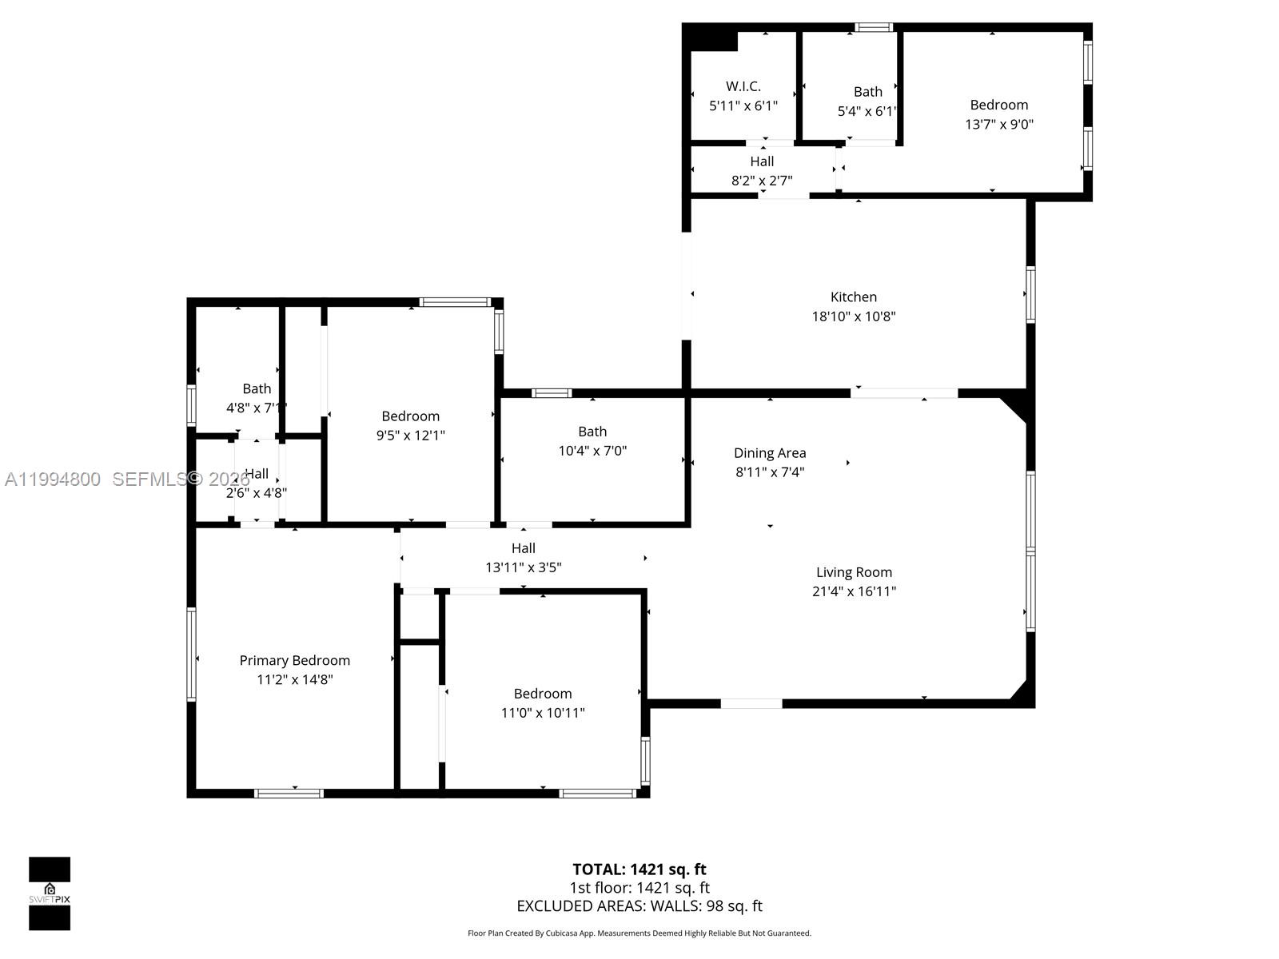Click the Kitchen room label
tap(853, 296)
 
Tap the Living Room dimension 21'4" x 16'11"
tap(854, 591)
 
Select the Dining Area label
tap(770, 453)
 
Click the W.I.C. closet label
tap(743, 86)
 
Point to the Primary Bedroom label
tap(294, 660)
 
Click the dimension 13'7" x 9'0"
tap(998, 124)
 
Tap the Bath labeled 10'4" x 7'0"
tap(592, 432)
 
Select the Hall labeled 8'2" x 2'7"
tap(761, 161)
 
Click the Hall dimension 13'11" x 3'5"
tap(523, 567)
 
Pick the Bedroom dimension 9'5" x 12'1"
tap(410, 436)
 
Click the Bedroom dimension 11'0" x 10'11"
tap(542, 713)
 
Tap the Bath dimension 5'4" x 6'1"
tap(867, 111)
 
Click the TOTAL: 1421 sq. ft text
tap(639, 869)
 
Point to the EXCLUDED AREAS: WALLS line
tap(639, 906)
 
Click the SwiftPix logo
tap(50, 893)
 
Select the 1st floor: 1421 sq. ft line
tap(639, 888)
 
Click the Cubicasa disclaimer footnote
tap(639, 933)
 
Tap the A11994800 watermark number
tap(53, 479)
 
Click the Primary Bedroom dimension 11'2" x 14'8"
tap(294, 679)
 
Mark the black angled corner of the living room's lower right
tap(1022, 693)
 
